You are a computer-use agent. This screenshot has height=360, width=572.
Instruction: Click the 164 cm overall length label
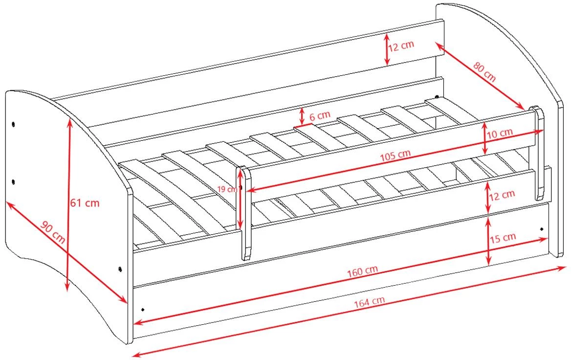coord(369,302)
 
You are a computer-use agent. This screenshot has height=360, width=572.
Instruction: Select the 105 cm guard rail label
coord(396,155)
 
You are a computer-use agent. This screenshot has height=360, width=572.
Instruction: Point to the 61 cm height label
coord(85,203)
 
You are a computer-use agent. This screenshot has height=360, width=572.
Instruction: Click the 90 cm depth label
coord(53,232)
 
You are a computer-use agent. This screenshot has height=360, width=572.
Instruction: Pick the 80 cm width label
coord(485,71)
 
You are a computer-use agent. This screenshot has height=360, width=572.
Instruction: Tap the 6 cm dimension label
coord(320,116)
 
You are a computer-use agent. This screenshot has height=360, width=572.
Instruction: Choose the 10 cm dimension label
coord(500,133)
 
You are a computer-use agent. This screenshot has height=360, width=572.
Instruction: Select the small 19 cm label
coord(227,189)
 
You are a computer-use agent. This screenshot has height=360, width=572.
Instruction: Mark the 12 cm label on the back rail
coord(401,46)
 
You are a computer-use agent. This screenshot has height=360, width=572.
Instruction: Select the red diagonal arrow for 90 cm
coord(67,252)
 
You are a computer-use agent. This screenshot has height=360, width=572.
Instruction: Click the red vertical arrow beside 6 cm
coord(302,116)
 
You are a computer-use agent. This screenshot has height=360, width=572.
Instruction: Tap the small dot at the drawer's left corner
coord(143,309)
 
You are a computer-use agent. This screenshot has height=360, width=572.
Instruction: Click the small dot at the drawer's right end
coord(541,229)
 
